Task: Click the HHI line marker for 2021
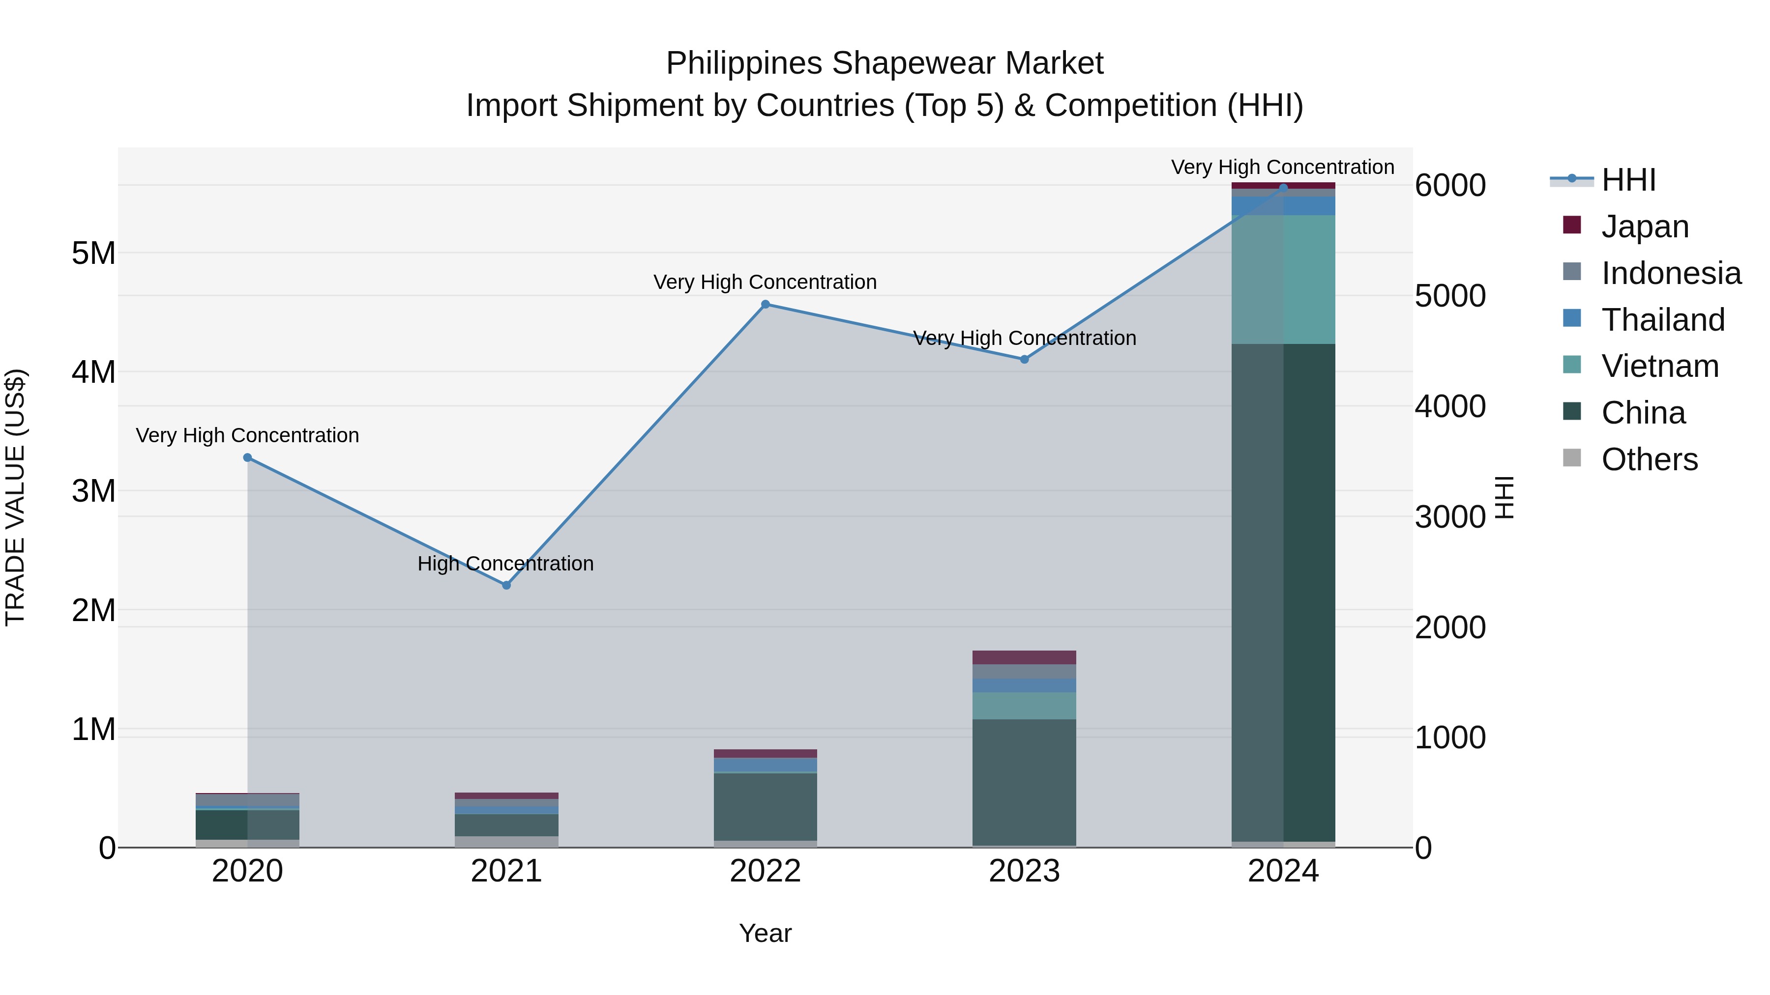point(506,585)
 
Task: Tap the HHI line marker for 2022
point(766,304)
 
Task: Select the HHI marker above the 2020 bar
point(247,457)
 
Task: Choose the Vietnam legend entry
point(1659,366)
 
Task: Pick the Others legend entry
point(1649,459)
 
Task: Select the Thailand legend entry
point(1663,320)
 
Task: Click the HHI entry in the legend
point(1628,180)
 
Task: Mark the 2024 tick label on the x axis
point(1283,871)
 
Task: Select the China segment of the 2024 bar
point(1283,591)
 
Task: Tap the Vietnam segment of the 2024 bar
point(1283,279)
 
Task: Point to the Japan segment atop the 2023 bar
point(1024,657)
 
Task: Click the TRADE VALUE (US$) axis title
point(15,497)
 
